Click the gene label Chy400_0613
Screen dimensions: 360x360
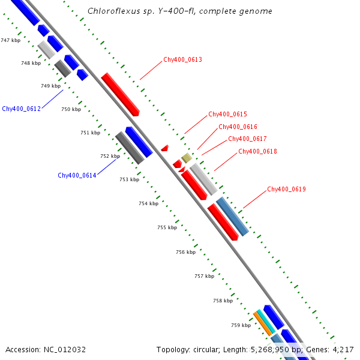coord(182,60)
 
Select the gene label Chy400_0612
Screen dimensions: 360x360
coord(21,109)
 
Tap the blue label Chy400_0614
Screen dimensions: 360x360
coord(77,175)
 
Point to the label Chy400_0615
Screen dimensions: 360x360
coord(227,114)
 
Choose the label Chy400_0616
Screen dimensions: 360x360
coord(238,127)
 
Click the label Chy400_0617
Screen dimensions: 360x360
coord(247,139)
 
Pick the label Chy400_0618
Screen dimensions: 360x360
coord(257,151)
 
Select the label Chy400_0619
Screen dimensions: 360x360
coord(286,190)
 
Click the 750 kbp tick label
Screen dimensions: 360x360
coord(71,109)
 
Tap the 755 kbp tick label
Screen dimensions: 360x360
coord(167,228)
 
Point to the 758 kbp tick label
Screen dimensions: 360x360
coord(223,301)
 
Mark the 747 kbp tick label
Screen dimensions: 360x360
coord(10,40)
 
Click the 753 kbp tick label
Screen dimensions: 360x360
coord(129,179)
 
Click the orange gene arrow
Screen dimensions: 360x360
coord(263,324)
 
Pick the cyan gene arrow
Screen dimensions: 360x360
coord(266,321)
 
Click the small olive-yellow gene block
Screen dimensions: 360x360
coord(187,158)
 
